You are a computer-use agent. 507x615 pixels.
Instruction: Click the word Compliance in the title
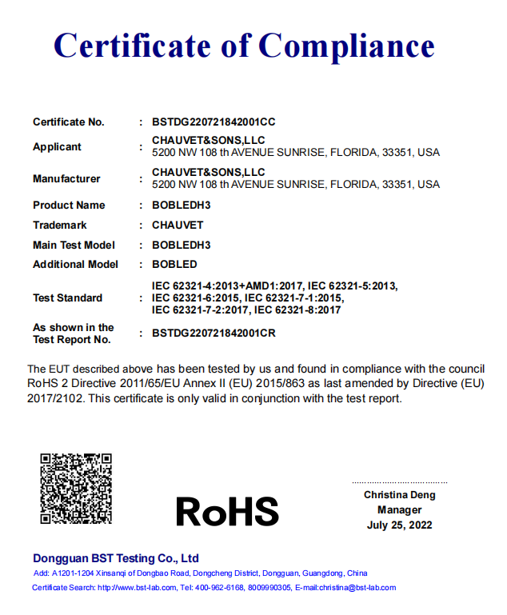[346, 46]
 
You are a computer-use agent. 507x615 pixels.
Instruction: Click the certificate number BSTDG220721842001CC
[214, 122]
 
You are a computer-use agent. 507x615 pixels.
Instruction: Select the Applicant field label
[57, 146]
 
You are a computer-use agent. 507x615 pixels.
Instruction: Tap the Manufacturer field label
[66, 178]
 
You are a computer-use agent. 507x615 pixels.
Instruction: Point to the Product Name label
[69, 206]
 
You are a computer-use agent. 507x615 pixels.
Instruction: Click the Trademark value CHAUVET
[178, 226]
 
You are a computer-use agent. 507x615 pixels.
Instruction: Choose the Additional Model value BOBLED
[174, 265]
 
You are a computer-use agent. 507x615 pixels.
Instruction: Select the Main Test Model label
[74, 246]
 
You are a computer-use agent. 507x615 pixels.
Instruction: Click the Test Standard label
[67, 298]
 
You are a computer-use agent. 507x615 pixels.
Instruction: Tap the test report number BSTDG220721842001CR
[214, 333]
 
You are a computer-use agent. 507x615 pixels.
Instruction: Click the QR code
[76, 489]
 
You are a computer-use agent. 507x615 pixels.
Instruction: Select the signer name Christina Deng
[400, 495]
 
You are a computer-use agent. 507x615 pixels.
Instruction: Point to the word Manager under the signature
[400, 510]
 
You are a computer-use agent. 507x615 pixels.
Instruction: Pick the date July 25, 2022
[400, 525]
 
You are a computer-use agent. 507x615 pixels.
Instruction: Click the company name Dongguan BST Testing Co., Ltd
[116, 558]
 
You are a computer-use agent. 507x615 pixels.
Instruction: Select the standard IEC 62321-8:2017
[297, 310]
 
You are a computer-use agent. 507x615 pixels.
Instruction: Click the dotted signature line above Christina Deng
[400, 482]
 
